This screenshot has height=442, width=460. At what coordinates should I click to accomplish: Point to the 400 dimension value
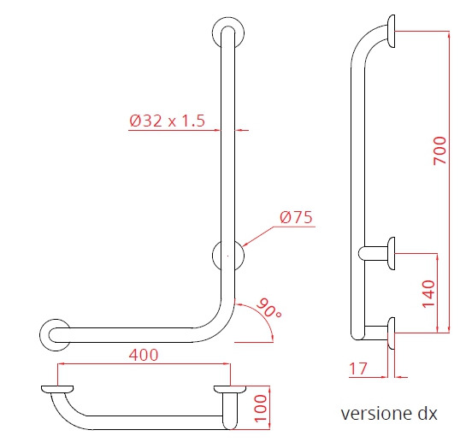coord(143,355)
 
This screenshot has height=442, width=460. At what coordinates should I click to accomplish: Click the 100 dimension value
coord(262,409)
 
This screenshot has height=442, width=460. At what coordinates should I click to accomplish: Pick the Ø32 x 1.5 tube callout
coord(168,121)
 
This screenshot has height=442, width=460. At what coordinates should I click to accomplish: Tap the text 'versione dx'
coord(389,415)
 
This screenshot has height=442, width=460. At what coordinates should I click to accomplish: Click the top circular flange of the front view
coord(228,33)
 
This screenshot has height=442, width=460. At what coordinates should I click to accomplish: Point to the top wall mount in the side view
coord(392,32)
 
